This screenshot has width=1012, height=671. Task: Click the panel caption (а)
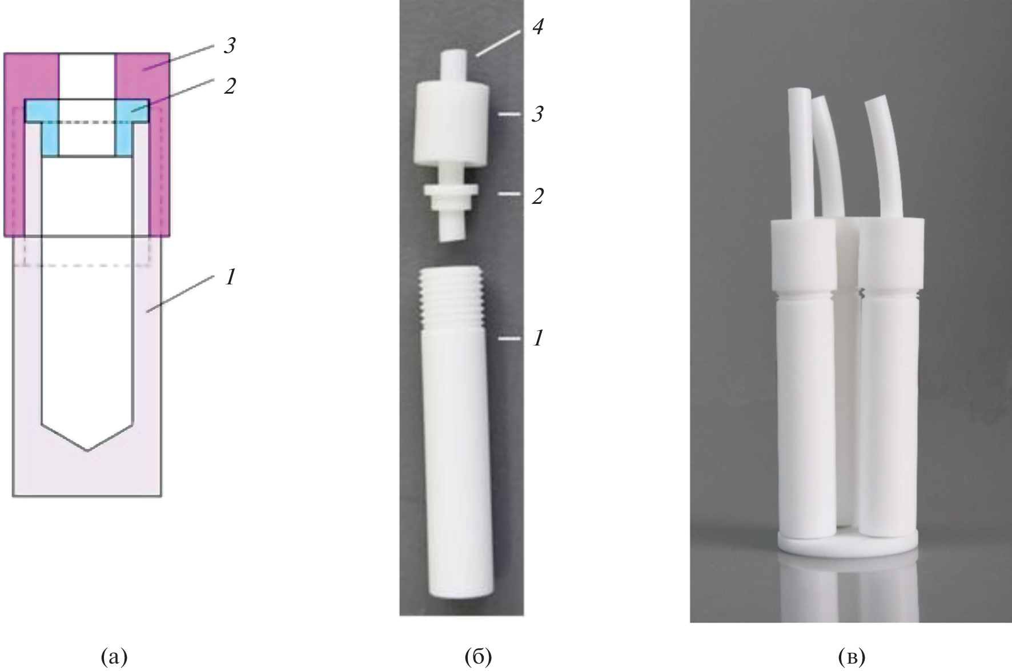tap(114, 657)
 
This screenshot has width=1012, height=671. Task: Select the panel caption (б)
tap(478, 657)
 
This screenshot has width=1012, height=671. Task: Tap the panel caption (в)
tap(852, 657)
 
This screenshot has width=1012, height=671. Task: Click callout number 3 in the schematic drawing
tap(229, 46)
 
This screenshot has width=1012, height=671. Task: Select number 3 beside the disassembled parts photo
tap(537, 114)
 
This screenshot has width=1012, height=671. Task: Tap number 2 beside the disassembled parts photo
tap(537, 196)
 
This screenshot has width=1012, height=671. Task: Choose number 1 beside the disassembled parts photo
tap(537, 338)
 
